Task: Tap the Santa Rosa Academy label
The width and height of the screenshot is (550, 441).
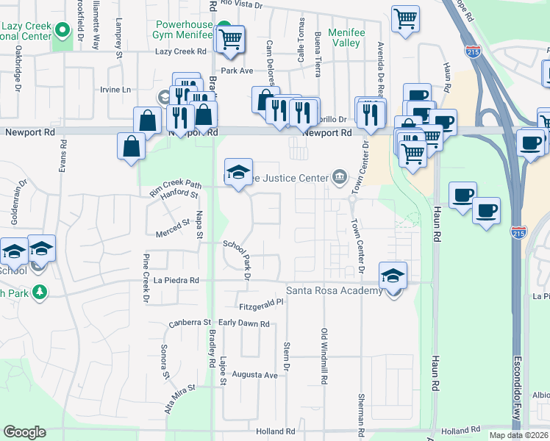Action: tap(335, 291)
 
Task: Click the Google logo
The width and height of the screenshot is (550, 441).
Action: tap(24, 432)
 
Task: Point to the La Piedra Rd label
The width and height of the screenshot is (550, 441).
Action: tap(176, 280)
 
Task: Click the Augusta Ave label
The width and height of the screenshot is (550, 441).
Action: tap(254, 375)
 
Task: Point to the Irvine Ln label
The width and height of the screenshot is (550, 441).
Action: tap(115, 90)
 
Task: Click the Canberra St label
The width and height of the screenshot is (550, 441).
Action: tap(190, 323)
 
